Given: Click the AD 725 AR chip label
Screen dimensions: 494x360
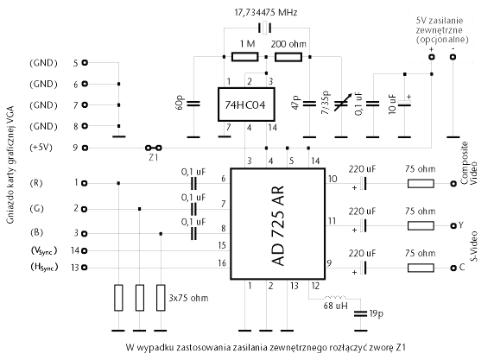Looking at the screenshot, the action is point(277,225).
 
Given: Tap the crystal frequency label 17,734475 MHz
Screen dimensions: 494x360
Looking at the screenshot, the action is point(266,13).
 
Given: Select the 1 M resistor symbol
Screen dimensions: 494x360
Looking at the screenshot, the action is point(244,57).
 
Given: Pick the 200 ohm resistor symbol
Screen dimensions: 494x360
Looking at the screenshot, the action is point(288,57).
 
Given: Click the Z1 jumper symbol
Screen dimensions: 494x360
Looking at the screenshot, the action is point(154,148).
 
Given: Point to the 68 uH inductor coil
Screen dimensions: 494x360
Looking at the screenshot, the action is point(335,297).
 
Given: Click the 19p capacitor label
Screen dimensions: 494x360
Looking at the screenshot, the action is point(376,313).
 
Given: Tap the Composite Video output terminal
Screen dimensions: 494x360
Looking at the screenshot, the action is point(453,183).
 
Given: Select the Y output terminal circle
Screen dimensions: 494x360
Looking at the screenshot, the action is point(453,225).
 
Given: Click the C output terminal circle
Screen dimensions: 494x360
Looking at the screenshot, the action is point(453,268).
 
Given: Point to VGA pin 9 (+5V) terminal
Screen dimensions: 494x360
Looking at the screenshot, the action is point(85,148).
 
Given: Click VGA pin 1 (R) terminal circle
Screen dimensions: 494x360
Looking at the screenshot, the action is point(85,183).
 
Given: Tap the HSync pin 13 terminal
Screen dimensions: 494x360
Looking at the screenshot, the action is point(85,268).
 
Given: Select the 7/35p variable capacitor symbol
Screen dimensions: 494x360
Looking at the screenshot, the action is point(341,104).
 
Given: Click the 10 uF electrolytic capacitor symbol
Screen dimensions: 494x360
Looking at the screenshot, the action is point(404,103).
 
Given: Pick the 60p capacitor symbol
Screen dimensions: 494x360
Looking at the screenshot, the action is point(193,104).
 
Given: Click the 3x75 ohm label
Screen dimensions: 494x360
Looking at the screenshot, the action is point(188,298).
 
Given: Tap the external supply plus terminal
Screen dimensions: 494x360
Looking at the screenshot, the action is point(431,57).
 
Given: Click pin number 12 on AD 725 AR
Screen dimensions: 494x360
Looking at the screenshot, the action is point(315,286).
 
